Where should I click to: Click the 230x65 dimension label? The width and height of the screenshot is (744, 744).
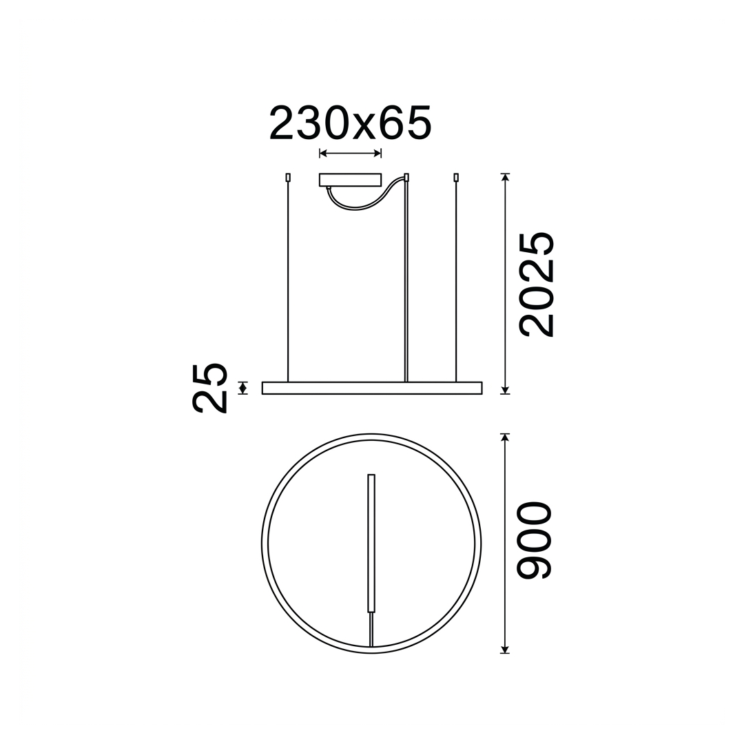click(350, 123)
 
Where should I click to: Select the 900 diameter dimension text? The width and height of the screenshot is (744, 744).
click(534, 541)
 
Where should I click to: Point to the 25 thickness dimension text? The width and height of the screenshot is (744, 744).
click(209, 388)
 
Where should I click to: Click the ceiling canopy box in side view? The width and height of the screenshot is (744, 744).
click(350, 180)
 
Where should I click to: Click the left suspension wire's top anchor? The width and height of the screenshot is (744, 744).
click(287, 178)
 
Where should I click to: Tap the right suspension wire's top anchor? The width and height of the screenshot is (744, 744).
click(457, 178)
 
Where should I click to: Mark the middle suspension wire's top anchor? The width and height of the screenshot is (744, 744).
click(406, 178)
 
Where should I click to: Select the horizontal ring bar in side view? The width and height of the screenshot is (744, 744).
click(372, 388)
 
